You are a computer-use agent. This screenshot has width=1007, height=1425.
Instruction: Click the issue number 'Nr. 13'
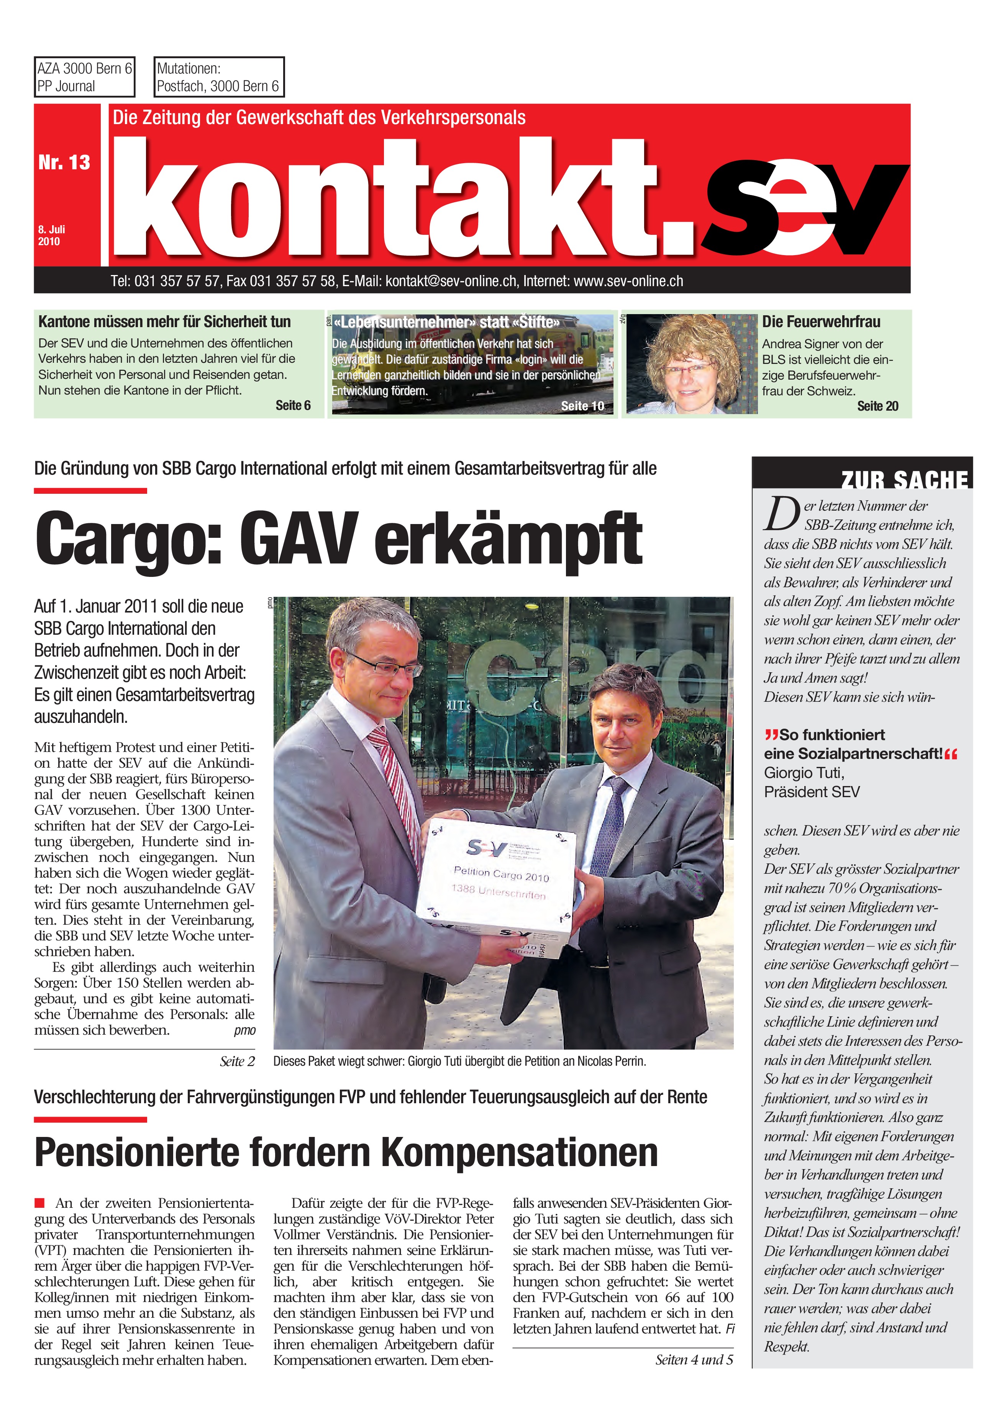64,162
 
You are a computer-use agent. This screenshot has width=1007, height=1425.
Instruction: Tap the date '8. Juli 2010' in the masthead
51,235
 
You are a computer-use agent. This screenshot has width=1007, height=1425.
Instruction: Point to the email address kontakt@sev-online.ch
451,281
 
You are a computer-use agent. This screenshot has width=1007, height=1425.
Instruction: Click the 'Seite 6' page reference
293,405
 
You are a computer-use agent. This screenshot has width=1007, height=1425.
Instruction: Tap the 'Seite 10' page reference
582,406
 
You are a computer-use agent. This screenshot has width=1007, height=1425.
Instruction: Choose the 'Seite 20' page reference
877,406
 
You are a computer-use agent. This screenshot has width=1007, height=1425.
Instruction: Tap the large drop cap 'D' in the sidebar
781,514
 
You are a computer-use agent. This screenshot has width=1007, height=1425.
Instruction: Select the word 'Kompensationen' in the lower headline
519,1152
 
